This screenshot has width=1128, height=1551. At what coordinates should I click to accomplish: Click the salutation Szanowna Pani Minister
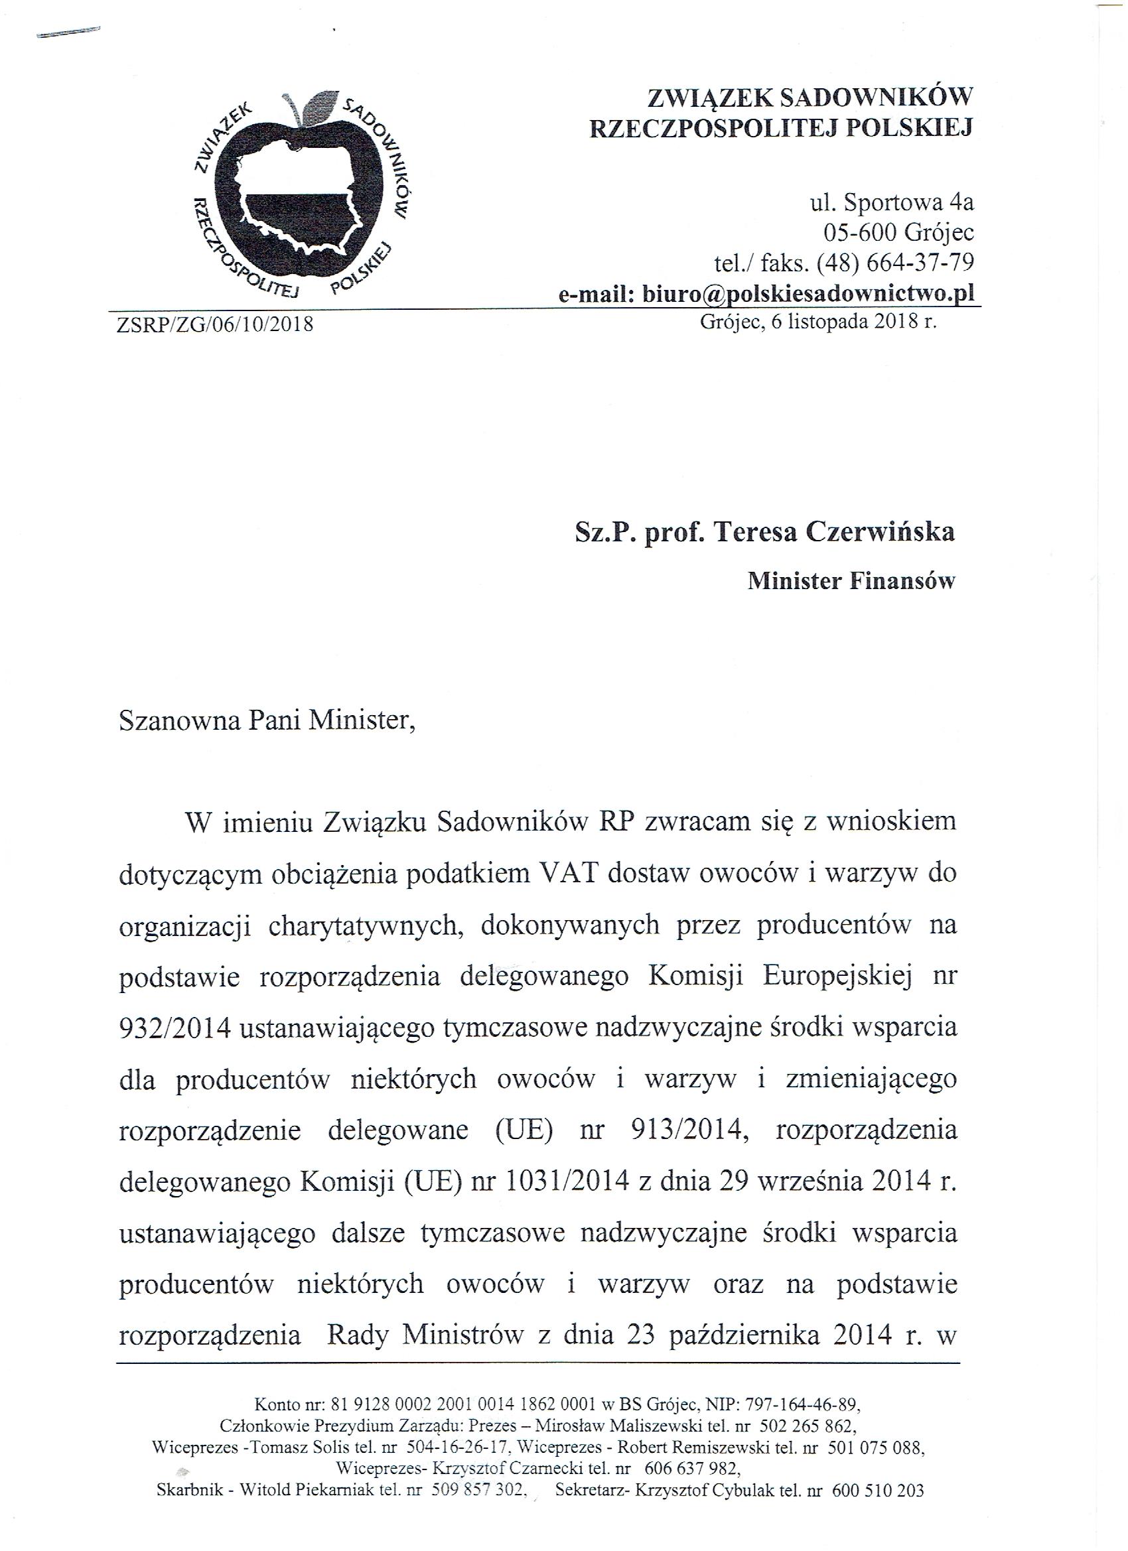[267, 721]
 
